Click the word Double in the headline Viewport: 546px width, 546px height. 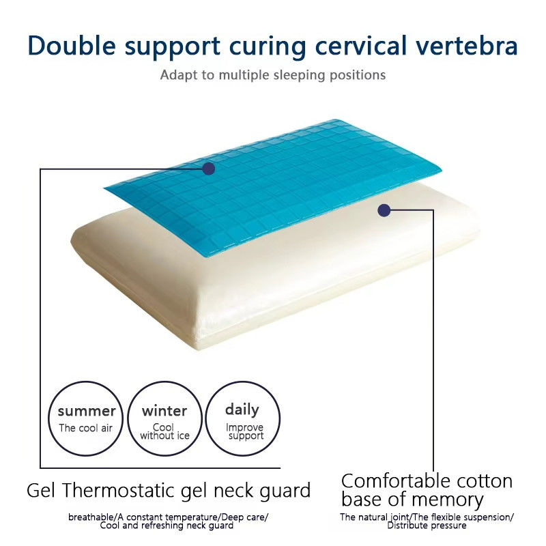[x=72, y=46]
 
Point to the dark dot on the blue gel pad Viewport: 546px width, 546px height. [x=209, y=169]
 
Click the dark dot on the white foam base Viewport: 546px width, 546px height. [x=384, y=210]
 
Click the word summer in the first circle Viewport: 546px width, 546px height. [x=87, y=412]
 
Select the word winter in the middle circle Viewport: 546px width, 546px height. [x=164, y=412]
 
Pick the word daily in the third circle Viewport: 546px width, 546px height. [x=242, y=410]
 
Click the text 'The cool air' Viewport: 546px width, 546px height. [x=86, y=428]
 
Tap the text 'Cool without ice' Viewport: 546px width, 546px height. [x=164, y=431]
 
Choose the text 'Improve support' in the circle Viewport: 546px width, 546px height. [x=245, y=432]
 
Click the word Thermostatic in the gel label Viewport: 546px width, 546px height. [x=119, y=491]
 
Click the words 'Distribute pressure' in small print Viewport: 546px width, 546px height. [x=427, y=526]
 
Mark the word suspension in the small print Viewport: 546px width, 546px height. [x=487, y=517]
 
